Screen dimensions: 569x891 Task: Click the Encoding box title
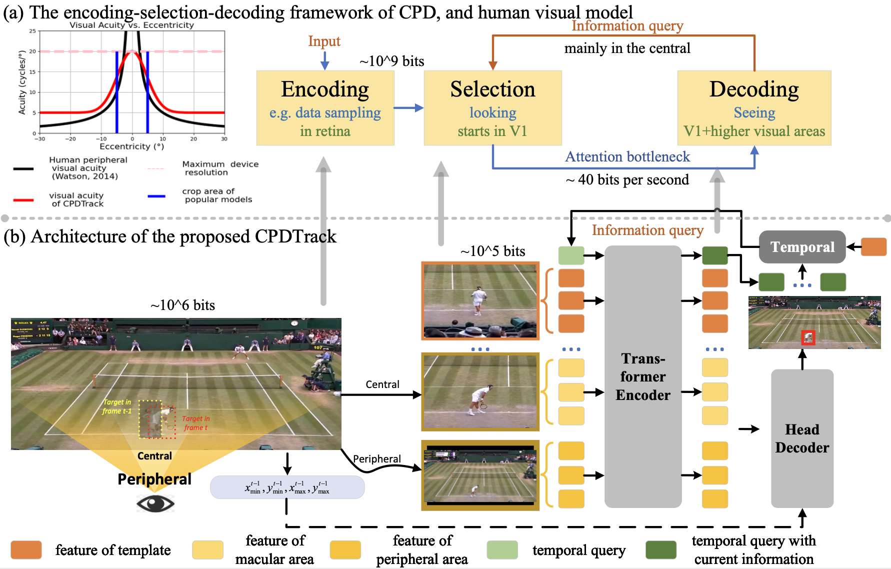pos(325,89)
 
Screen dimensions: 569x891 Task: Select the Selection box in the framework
pos(492,107)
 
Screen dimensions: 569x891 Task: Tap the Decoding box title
pos(754,89)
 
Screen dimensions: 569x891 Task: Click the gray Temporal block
pos(802,247)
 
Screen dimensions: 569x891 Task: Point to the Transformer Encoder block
pos(643,376)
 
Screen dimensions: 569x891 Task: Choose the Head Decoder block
pos(802,438)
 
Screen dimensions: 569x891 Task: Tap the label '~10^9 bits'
pos(391,61)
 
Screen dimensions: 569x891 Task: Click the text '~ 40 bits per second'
pos(627,180)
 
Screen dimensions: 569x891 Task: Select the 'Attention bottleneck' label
pos(627,157)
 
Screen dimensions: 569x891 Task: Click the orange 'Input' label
pos(324,41)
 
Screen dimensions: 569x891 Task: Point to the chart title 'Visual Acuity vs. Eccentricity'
pos(131,25)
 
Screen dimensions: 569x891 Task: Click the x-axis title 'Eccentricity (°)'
pos(131,146)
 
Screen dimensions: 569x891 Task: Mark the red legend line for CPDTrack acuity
pos(23,200)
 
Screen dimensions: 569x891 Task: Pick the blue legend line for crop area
pos(156,196)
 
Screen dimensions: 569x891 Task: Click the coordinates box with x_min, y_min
pos(287,487)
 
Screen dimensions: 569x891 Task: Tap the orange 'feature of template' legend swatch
pos(26,550)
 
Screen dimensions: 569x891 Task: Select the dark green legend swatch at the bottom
pos(660,550)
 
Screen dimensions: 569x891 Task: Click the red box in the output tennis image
pos(808,338)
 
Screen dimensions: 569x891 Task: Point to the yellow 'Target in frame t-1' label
pos(117,406)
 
